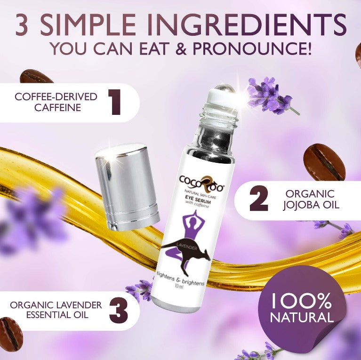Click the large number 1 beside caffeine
pyautogui.click(x=115, y=102)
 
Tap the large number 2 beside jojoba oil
pyautogui.click(x=259, y=200)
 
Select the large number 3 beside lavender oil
pyautogui.click(x=118, y=310)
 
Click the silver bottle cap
pyautogui.click(x=127, y=187)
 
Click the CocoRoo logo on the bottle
pyautogui.click(x=202, y=184)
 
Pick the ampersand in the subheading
pyautogui.click(x=181, y=48)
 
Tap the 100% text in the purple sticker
pyautogui.click(x=301, y=300)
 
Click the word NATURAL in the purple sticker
pyautogui.click(x=302, y=317)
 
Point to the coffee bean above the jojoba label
pyautogui.click(x=324, y=163)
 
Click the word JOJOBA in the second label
pyautogui.click(x=300, y=205)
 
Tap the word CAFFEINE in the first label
pyautogui.click(x=58, y=107)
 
